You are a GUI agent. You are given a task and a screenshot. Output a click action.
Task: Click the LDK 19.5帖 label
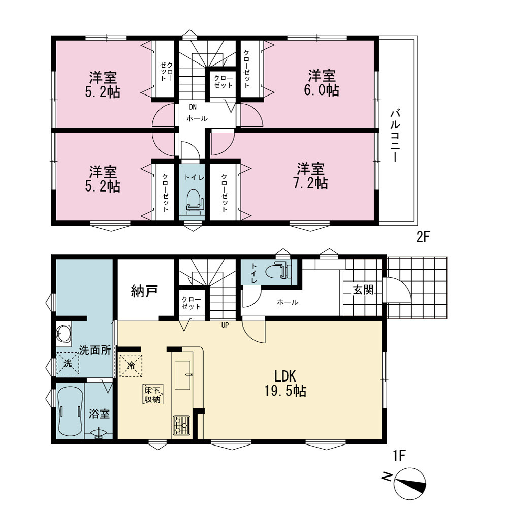[x=285, y=384]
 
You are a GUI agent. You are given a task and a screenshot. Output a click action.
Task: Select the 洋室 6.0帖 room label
[x=322, y=83]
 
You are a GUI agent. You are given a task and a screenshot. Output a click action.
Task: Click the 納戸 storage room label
[x=144, y=291]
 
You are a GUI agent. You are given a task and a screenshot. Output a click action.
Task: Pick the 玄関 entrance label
[x=363, y=290]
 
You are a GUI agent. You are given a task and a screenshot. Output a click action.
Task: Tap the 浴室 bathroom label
[x=100, y=414]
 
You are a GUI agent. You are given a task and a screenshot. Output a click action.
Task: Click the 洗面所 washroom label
[x=96, y=350]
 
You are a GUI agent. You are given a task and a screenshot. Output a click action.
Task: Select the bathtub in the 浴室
[x=70, y=410]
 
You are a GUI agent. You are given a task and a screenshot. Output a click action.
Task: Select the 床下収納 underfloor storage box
[x=153, y=394]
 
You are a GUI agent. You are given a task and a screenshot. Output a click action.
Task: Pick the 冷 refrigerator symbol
[x=131, y=366]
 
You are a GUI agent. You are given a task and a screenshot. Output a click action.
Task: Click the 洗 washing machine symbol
[x=68, y=364]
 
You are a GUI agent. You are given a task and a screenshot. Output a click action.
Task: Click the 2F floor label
[x=423, y=237]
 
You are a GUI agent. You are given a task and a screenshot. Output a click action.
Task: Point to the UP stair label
[x=225, y=325]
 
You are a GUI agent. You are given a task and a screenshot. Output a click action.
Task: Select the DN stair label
[x=193, y=107]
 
